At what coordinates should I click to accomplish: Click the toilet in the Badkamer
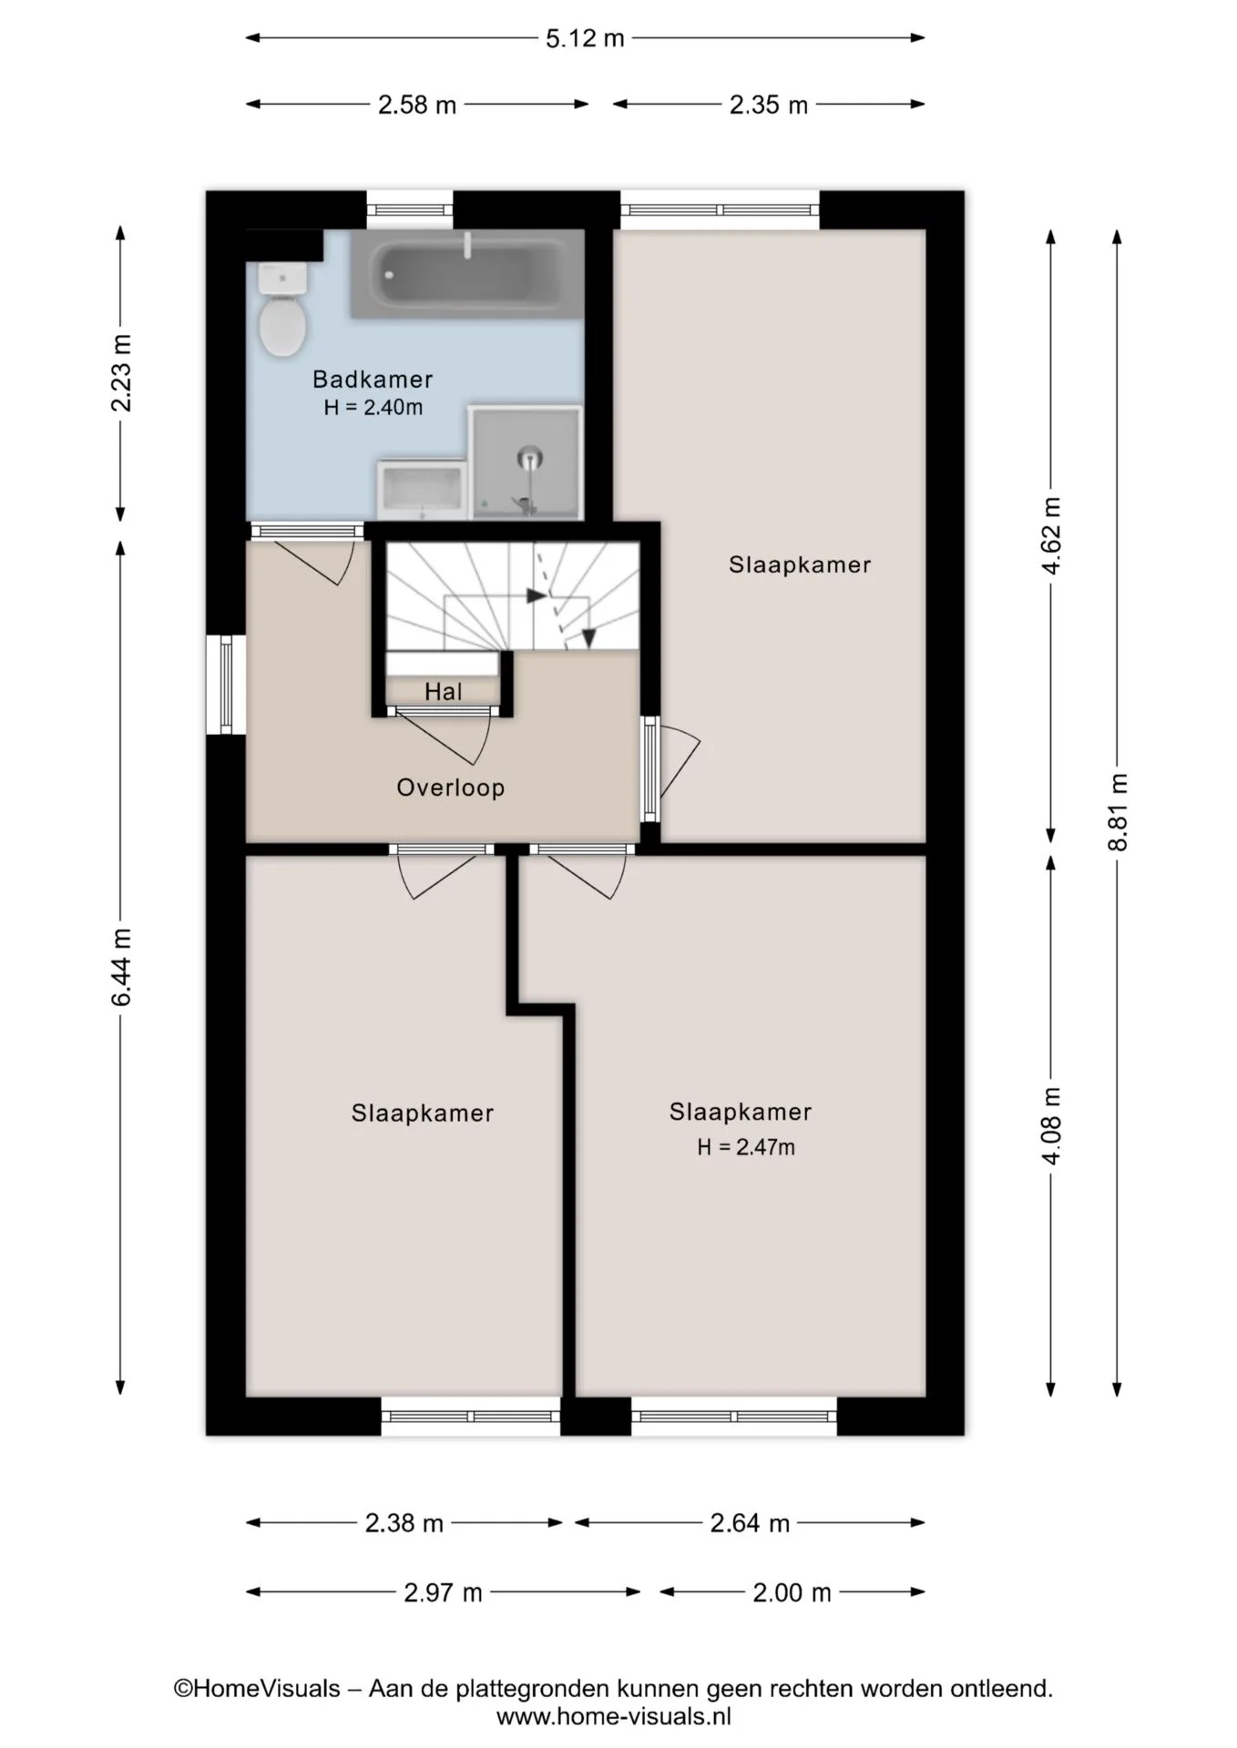click(282, 310)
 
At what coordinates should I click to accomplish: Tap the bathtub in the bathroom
click(466, 274)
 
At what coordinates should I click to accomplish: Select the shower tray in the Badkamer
click(526, 463)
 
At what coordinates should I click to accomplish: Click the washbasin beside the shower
click(423, 490)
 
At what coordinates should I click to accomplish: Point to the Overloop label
click(451, 788)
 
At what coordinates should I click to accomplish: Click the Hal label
click(444, 692)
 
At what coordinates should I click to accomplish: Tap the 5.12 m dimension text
click(585, 38)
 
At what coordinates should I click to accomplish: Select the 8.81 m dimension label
click(1118, 812)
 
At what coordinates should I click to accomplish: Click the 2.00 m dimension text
click(792, 1592)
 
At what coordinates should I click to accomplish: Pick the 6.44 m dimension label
click(121, 967)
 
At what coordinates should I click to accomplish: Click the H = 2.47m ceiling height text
click(746, 1147)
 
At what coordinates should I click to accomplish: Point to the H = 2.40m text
click(373, 407)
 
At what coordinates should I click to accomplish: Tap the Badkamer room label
click(373, 379)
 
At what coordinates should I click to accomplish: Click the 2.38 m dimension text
click(404, 1523)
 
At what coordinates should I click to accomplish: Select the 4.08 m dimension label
click(1051, 1125)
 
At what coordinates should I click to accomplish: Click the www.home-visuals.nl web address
click(614, 1717)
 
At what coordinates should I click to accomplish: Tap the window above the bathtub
click(410, 209)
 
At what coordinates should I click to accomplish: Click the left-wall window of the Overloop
click(226, 685)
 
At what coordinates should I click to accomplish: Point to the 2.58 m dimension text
click(417, 105)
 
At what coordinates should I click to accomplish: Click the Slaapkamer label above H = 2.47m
click(741, 1112)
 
